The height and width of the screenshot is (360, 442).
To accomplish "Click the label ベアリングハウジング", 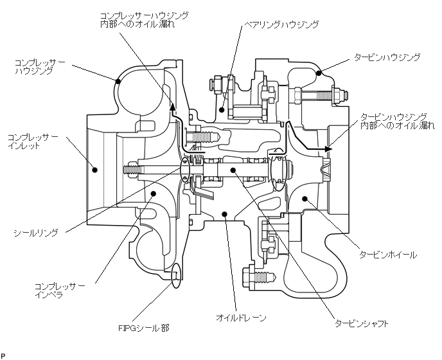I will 281,24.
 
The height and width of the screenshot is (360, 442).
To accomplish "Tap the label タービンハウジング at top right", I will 387,57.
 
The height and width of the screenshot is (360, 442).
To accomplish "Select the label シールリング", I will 36,233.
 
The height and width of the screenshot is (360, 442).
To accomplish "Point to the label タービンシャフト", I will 362,323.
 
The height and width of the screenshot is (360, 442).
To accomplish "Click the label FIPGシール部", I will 144,328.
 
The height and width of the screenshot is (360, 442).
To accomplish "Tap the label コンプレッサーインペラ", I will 59,290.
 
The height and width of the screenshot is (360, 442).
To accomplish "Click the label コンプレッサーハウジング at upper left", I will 40,67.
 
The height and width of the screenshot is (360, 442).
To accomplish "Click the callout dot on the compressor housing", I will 118,81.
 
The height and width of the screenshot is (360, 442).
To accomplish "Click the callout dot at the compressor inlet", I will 95,170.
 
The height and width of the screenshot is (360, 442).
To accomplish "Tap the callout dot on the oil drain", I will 224,214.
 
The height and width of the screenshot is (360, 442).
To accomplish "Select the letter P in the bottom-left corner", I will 3,355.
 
